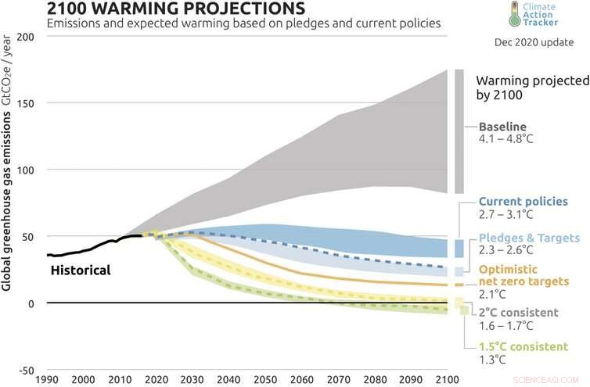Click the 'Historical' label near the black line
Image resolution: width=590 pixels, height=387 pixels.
click(x=81, y=271)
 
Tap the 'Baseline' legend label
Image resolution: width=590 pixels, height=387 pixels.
click(x=502, y=127)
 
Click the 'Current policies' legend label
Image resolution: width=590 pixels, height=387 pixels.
click(x=523, y=201)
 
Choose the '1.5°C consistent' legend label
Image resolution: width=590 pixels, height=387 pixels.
click(x=523, y=347)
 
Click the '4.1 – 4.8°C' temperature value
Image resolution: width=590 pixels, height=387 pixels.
click(x=511, y=141)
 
